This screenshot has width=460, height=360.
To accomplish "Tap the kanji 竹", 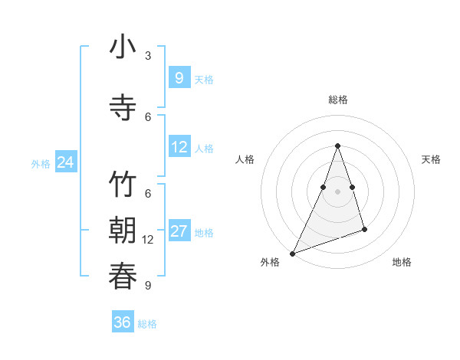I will point(123,186).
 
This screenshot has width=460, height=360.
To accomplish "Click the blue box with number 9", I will point(179,77).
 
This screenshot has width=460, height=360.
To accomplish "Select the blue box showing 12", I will point(179,147).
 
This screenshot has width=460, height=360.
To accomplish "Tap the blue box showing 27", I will point(179,231).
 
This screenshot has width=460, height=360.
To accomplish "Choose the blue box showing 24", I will point(65,162).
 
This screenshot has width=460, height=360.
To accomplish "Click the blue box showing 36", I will point(122,322).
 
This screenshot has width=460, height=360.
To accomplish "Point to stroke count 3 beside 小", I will point(148,56).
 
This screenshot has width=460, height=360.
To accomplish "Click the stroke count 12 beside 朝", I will point(148,240).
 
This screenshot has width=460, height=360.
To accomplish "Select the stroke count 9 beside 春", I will point(148,286).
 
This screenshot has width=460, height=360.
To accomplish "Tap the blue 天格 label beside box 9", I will point(204,79).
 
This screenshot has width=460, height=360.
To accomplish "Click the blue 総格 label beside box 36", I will point(147,324).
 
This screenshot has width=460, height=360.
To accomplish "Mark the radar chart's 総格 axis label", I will point(337,100).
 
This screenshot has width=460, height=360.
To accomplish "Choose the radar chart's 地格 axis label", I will point(402,262).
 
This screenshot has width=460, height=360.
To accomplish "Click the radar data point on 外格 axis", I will point(292,253).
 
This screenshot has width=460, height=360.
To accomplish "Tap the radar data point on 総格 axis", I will point(337,146).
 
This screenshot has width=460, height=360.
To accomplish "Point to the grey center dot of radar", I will point(337,191).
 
